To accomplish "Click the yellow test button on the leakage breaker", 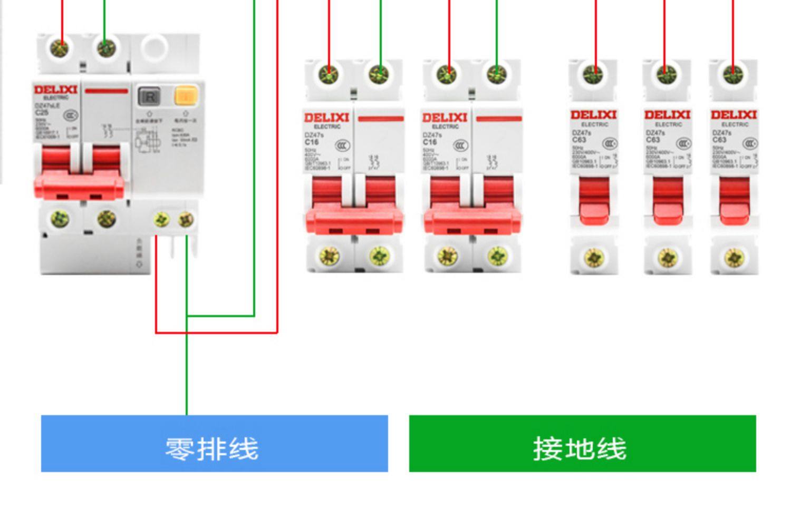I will point(186,96).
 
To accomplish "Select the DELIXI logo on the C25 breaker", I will point(55,90).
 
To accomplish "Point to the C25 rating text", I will point(42,112).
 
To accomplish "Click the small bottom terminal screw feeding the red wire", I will point(161,219).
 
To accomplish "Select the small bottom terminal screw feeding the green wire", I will point(186,219).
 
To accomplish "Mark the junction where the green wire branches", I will point(187,316).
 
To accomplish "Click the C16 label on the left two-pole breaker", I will point(312,142).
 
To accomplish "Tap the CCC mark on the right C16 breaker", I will point(460,145).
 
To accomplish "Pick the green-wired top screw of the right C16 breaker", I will point(496,74).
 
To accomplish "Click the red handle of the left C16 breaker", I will point(354,213).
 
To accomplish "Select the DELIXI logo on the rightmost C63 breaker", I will point(734,114).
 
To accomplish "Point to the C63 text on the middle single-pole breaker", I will point(653,140).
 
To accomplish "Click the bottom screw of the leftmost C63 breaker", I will point(594,257).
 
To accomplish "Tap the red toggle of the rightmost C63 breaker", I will point(734,203).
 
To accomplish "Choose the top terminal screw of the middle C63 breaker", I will point(667,74).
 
